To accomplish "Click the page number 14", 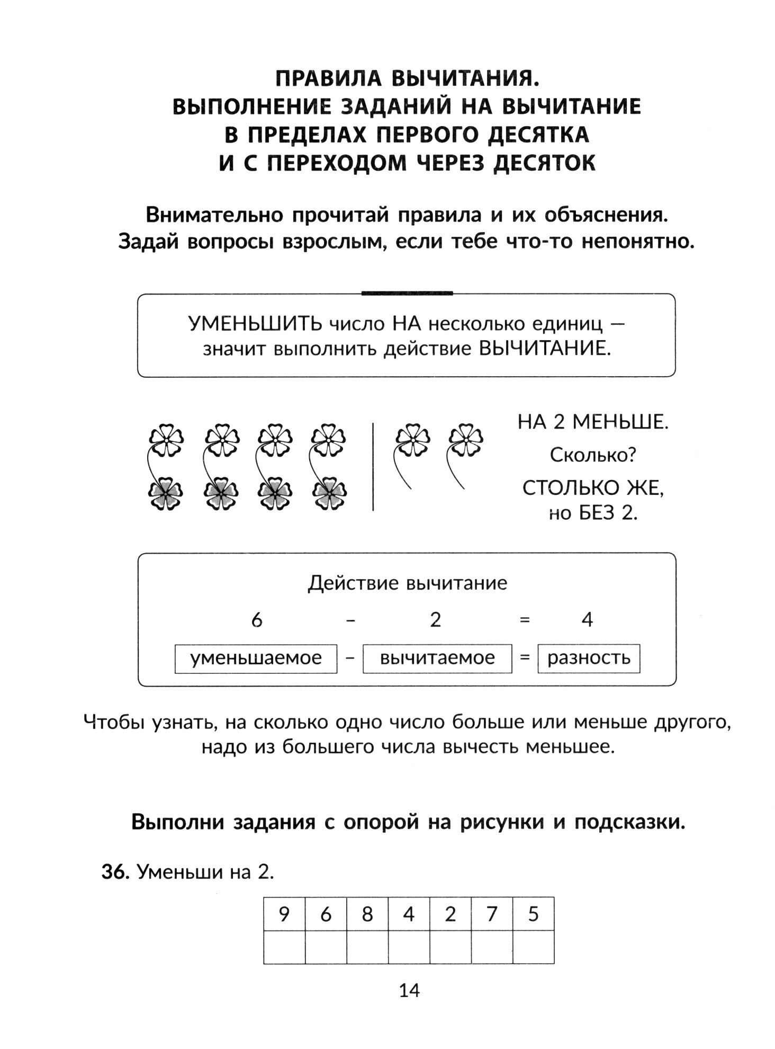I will [x=409, y=990].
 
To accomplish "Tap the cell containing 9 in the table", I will [x=284, y=914].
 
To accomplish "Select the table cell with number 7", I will [x=492, y=914].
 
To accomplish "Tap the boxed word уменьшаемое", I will [x=256, y=658].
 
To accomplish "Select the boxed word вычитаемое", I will [x=437, y=658].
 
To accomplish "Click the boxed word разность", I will [x=589, y=658].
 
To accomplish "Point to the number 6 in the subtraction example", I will [x=257, y=619].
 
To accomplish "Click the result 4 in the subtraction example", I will [x=587, y=619].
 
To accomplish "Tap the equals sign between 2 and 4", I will [x=525, y=619].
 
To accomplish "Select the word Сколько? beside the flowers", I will [x=593, y=455].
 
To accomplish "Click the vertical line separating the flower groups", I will [x=373, y=466].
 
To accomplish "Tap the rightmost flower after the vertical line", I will [x=466, y=439].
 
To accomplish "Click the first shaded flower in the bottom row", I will [x=165, y=493].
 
